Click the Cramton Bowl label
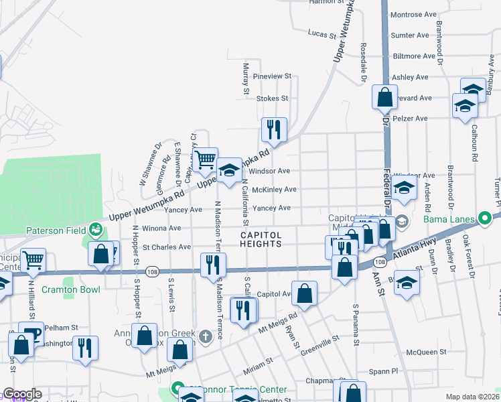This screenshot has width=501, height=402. [71, 289]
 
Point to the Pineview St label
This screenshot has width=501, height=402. [273, 77]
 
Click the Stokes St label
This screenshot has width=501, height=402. [272, 98]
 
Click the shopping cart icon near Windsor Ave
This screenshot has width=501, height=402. [206, 159]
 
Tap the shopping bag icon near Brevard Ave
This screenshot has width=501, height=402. [385, 97]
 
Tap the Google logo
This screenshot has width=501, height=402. [21, 394]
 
